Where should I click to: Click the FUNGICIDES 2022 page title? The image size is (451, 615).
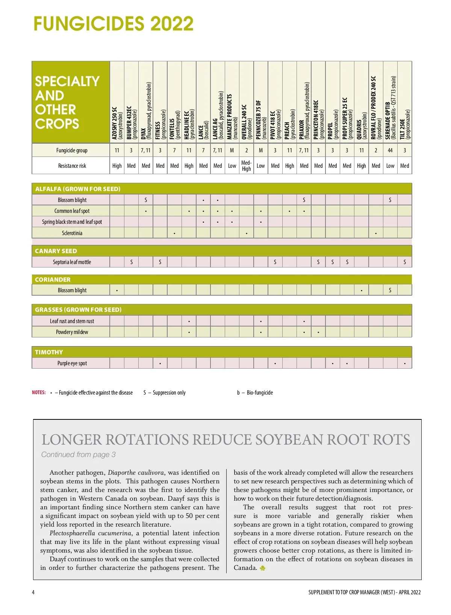tap(113, 24)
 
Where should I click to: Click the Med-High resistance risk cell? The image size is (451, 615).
tap(246, 166)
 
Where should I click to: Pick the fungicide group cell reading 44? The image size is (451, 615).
tap(390, 150)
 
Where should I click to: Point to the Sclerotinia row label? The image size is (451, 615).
tap(72, 233)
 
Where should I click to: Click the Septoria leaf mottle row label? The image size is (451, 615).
tap(72, 262)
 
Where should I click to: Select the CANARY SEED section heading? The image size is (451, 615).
tap(56, 251)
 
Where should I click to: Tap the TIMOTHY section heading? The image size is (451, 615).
tap(49, 352)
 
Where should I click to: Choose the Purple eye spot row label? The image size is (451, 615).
tap(72, 363)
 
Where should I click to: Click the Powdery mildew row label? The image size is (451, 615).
tap(72, 332)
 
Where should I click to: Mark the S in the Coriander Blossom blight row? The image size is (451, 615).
tap(390, 290)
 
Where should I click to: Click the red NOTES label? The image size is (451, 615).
tap(39, 392)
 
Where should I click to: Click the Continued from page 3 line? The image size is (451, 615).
tap(78, 454)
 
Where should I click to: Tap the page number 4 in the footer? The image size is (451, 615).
tap(33, 592)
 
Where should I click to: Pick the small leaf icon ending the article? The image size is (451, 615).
tap(262, 568)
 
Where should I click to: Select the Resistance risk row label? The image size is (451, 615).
tap(72, 166)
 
